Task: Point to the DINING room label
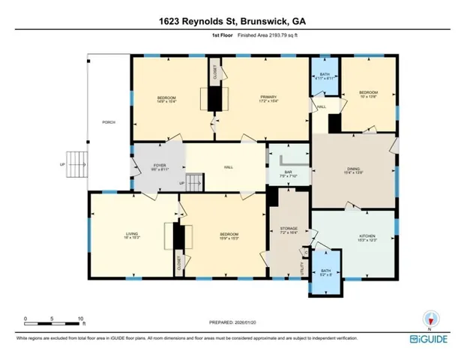coord(353,169)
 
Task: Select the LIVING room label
coord(132,235)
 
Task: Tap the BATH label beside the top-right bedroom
coord(324,73)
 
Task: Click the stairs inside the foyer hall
coord(194,181)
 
